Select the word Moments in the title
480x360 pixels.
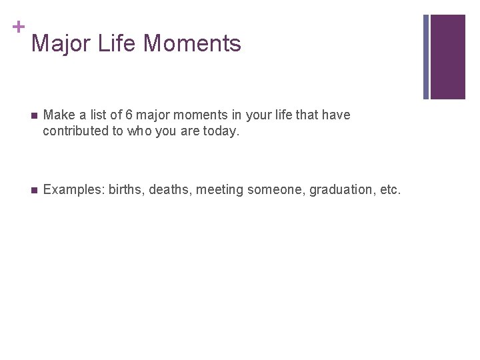click(193, 44)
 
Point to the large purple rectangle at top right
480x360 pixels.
click(447, 57)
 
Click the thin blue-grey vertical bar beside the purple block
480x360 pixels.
click(426, 57)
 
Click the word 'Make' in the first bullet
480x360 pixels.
click(58, 115)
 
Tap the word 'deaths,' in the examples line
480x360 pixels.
click(169, 190)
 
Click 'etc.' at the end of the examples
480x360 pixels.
click(390, 190)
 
